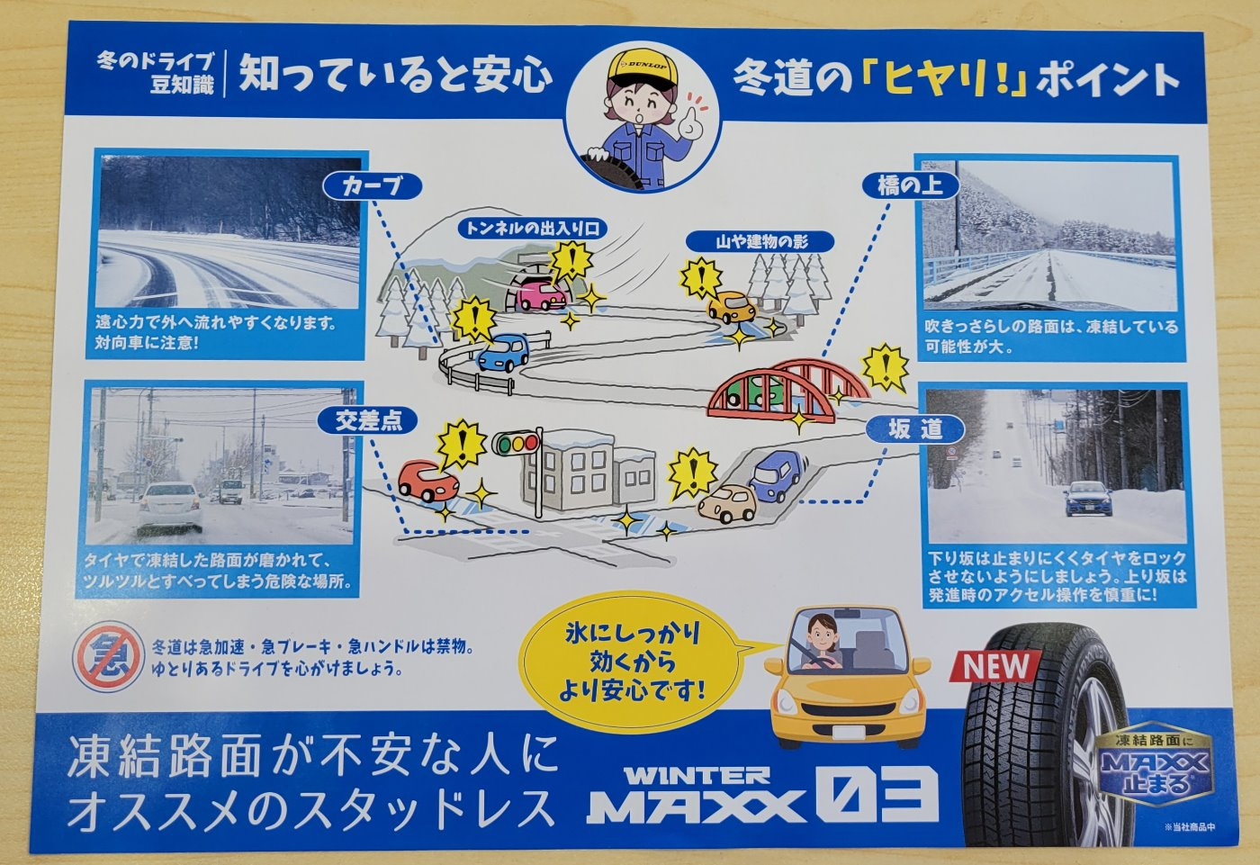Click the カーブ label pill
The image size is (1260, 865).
[373, 185]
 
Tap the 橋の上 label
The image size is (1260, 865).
[910, 185]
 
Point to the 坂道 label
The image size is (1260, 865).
[915, 429]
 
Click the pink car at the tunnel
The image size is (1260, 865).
[541, 295]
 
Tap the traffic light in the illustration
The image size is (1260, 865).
[516, 443]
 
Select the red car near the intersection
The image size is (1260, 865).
[427, 481]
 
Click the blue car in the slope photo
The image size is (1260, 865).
[1087, 499]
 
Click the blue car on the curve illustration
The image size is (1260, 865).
[503, 352]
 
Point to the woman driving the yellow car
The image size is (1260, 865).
[823, 643]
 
